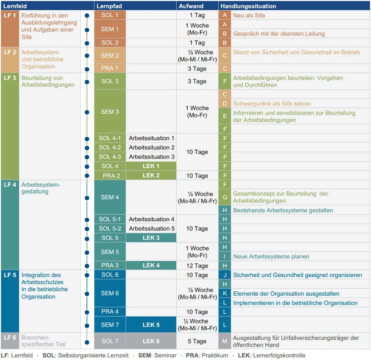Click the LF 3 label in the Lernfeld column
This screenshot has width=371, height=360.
tap(10, 78)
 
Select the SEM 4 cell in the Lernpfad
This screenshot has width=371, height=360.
tap(110, 197)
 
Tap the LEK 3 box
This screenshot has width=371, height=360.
tap(151, 238)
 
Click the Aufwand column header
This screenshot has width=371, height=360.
tap(191, 6)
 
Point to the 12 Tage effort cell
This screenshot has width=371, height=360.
tap(197, 266)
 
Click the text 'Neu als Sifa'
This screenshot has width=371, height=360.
tap(249, 15)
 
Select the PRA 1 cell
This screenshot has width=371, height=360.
tap(110, 68)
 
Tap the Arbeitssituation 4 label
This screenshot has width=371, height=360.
tap(151, 219)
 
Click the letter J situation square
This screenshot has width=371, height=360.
tap(225, 275)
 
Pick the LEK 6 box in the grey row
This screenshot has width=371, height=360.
tap(151, 341)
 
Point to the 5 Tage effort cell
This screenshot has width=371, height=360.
tap(197, 341)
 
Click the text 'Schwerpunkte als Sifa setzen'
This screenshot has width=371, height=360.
tap(272, 103)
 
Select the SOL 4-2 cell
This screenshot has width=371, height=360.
tap(110, 147)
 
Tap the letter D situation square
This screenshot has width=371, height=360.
tap(225, 103)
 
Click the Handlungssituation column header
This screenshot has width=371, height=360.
tap(248, 6)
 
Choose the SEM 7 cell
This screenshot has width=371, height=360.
tap(110, 325)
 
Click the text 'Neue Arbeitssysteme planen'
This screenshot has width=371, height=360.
tap(271, 256)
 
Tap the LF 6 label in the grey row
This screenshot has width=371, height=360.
tap(10, 337)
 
